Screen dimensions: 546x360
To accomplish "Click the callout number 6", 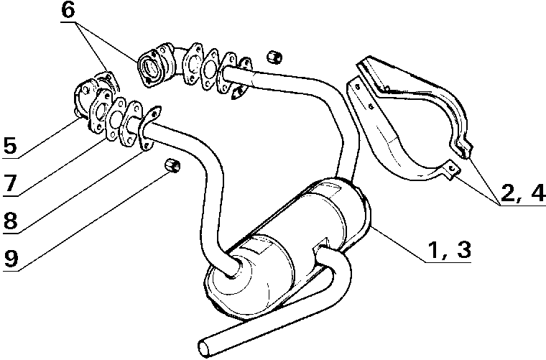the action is click(x=68, y=10).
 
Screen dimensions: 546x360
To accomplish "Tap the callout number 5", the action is click(x=10, y=146).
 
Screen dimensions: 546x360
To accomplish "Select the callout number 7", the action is click(x=10, y=183).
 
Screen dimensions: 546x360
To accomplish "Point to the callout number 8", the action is click(x=11, y=221).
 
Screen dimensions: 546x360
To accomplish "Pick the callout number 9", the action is click(x=11, y=259).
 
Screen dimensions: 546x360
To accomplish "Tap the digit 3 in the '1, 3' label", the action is click(x=464, y=249).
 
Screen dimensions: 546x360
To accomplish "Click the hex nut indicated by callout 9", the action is click(x=172, y=165).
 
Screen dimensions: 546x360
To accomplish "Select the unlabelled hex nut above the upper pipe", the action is click(x=274, y=57).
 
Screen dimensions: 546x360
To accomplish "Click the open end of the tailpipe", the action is click(x=205, y=348).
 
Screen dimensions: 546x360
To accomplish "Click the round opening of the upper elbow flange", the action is click(x=149, y=68).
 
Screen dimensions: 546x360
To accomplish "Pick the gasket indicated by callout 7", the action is click(x=115, y=119).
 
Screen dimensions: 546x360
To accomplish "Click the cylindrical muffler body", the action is click(x=289, y=247).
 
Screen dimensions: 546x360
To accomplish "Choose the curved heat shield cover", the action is click(x=411, y=119).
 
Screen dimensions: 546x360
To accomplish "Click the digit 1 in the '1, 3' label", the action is click(x=432, y=249).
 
